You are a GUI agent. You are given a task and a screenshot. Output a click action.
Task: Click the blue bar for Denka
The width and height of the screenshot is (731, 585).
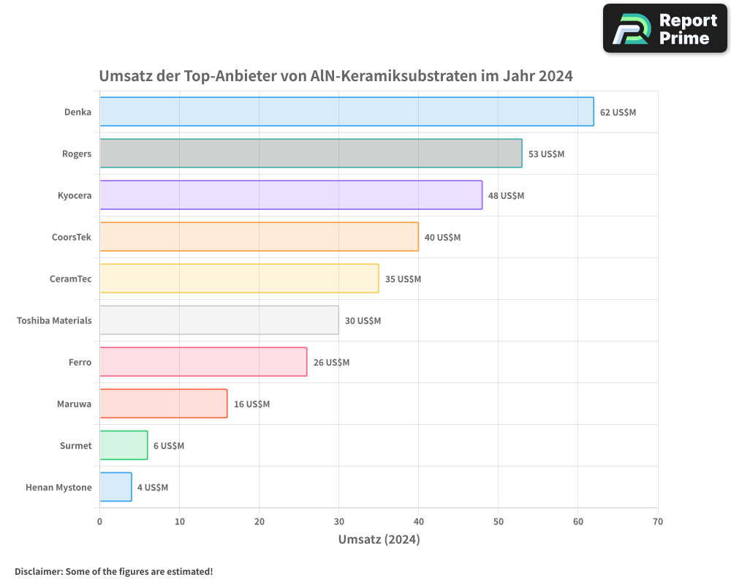point(346,112)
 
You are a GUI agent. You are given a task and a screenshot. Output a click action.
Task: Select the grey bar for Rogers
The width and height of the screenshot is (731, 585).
point(311,154)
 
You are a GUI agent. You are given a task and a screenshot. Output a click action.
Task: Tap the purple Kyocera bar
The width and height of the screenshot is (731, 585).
point(291,195)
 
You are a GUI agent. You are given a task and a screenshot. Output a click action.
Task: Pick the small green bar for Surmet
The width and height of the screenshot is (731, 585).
point(124,445)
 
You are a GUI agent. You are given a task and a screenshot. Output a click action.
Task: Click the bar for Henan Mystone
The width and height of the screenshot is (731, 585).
point(115,487)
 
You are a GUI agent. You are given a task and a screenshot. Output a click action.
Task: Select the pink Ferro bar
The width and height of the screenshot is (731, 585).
point(203,362)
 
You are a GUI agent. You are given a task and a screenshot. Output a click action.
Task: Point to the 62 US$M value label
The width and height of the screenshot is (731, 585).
point(618,113)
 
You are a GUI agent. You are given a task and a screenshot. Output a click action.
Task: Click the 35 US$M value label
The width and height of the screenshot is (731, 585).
point(403,279)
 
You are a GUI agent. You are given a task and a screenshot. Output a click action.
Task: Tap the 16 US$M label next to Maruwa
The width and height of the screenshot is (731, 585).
point(251,404)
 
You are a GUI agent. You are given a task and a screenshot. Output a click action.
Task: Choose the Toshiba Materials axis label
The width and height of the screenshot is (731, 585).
point(54,320)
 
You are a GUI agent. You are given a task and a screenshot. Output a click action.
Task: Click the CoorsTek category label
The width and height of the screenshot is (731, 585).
point(72,237)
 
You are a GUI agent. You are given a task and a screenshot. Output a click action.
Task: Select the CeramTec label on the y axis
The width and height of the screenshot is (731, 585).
point(70,279)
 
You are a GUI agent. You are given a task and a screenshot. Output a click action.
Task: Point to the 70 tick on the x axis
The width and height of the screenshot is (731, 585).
point(657,521)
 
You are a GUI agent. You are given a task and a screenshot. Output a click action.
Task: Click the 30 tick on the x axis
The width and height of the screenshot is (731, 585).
point(338,521)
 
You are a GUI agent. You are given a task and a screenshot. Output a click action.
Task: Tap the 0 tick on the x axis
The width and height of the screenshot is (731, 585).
point(99,521)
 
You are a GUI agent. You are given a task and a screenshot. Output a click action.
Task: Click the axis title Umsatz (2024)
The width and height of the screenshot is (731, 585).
point(379,540)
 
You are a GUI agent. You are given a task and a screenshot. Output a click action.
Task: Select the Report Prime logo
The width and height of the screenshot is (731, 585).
point(664,28)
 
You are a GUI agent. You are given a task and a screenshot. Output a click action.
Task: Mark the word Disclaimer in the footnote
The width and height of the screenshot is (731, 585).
point(37,571)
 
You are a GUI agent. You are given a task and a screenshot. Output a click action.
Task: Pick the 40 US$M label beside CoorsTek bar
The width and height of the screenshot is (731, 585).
point(442,238)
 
